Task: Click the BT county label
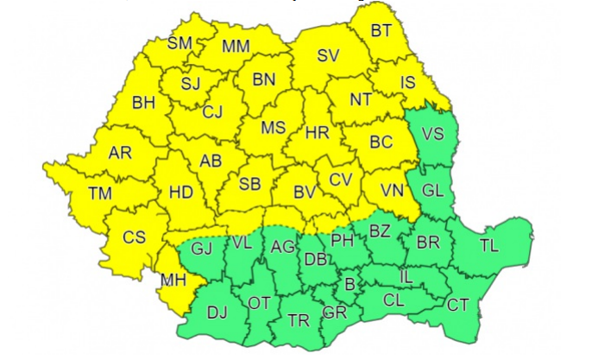pos(381,31)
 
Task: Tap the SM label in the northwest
pos(179,43)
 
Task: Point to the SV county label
pos(328,56)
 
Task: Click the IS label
pos(408,83)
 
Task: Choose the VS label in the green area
pos(432,134)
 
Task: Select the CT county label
pos(458,305)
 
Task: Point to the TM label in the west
pos(100,194)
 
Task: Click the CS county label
pos(133,237)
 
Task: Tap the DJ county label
pos(217,313)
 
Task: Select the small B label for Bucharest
pos(350,284)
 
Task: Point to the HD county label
pos(180,194)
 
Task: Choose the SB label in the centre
pos(250,185)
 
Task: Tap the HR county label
pos(318,134)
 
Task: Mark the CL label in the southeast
pos(394,302)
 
